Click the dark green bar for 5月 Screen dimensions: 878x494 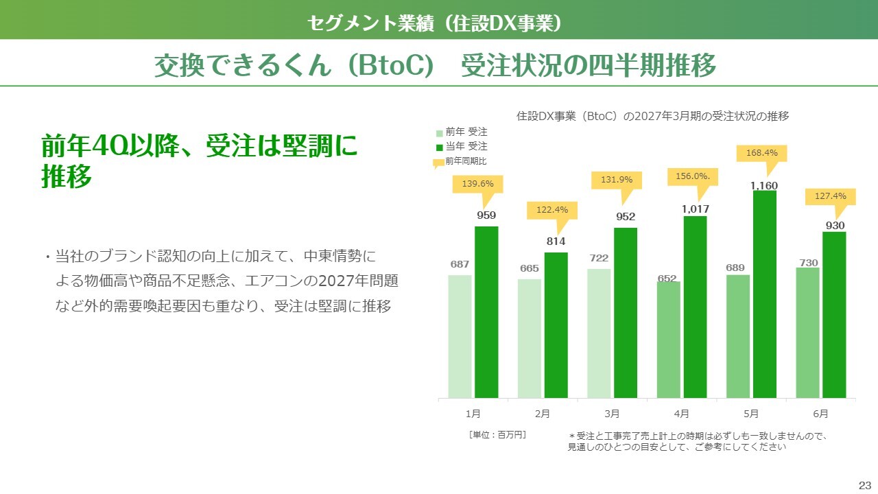764,294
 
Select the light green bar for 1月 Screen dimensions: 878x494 460,337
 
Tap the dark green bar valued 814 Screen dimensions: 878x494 556,325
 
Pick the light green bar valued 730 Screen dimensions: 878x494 807,333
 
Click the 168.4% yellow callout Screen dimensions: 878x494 761,153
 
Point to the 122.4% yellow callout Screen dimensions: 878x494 552,210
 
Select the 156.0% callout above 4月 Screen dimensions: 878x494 693,177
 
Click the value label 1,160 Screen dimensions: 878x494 764,185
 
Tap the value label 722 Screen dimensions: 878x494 599,258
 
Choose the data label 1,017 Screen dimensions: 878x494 696,209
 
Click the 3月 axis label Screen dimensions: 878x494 612,414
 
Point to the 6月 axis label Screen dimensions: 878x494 820,414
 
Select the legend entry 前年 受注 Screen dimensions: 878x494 462,132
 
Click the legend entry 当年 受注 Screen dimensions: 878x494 462,147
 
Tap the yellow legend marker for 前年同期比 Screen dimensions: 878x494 438,163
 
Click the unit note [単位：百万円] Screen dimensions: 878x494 497,435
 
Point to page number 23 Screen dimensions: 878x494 865,485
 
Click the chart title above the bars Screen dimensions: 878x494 652,116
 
